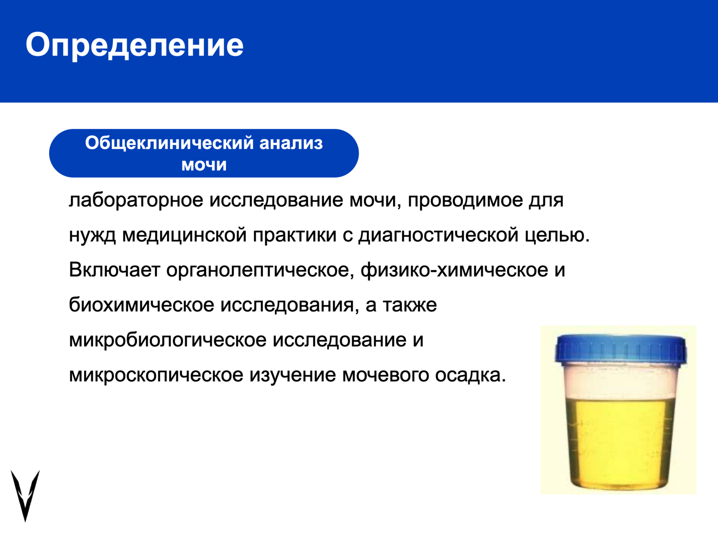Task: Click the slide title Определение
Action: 135,46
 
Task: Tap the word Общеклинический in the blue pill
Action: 169,143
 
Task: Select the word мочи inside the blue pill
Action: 204,165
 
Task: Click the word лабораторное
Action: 136,200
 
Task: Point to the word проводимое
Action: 465,200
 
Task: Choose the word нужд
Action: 92,236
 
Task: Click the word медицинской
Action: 184,235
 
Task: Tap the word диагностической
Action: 438,236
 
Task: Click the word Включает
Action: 115,270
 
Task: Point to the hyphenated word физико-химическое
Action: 454,271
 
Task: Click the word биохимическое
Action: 141,305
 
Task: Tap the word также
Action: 409,305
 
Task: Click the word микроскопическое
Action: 156,375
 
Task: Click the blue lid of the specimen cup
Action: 621,349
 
